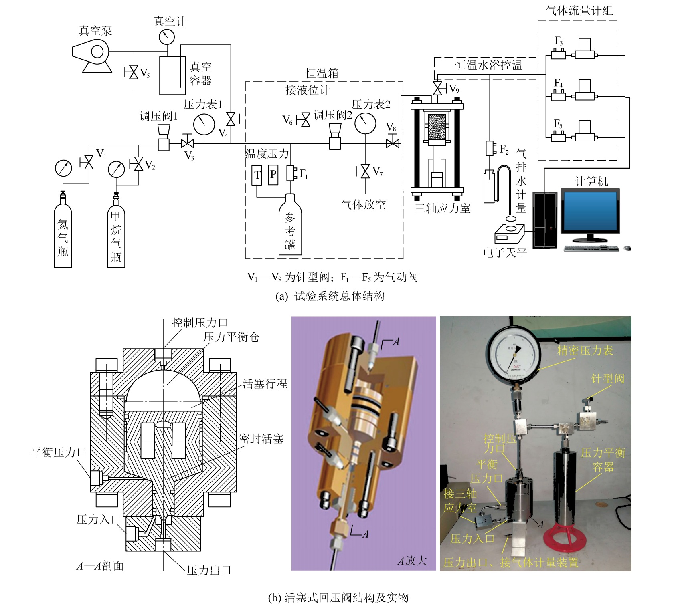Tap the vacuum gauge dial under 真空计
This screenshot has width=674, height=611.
point(166,37)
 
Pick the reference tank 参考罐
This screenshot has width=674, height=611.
point(290,226)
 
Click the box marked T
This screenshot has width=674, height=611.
point(257,175)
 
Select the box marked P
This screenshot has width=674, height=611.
point(273,175)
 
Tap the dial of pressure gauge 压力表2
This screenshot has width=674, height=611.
point(365,123)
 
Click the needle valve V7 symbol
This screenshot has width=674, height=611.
point(365,171)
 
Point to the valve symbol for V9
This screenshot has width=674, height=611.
point(437,88)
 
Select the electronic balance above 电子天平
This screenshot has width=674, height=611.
point(509,232)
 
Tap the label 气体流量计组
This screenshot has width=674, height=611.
point(579,10)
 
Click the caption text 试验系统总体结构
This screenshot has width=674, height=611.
point(339,296)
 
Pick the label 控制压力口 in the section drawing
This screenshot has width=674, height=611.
point(200,323)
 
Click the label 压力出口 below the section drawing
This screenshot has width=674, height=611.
point(209,570)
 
